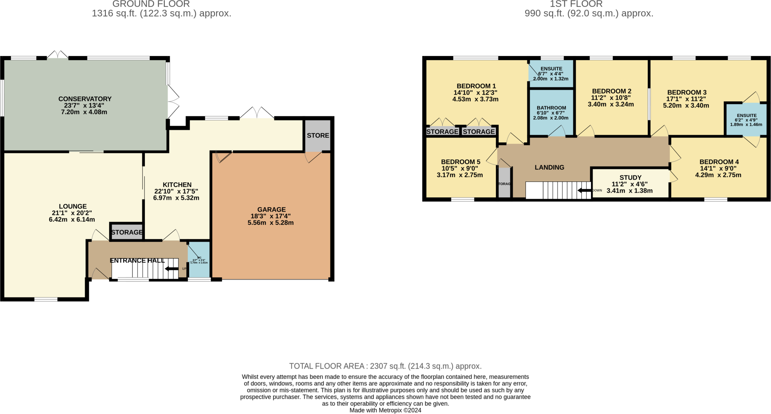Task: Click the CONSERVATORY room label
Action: [85, 99]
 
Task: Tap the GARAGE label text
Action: [271, 210]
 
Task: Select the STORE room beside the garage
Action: [318, 135]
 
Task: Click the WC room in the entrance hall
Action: [199, 260]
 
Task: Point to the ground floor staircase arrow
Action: [172, 269]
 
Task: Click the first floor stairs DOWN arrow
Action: [584, 190]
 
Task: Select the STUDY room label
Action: [630, 178]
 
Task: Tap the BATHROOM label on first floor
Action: [551, 108]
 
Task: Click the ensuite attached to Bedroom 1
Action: [551, 73]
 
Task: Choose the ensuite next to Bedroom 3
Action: [746, 120]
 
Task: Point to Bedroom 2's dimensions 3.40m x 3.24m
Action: [611, 104]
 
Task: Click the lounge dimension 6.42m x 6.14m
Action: [72, 219]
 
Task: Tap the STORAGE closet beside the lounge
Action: [127, 232]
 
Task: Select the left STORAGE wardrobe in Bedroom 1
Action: [442, 131]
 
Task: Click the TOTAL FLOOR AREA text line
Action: [385, 366]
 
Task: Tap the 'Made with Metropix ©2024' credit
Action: [385, 410]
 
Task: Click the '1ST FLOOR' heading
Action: [576, 4]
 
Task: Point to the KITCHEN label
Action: [177, 185]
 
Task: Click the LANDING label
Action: [549, 167]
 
